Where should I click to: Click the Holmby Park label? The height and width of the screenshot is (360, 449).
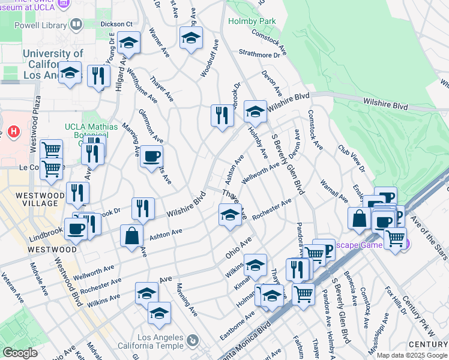[252, 21]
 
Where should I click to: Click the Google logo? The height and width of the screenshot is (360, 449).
[20, 353]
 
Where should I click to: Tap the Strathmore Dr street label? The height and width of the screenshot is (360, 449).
[260, 53]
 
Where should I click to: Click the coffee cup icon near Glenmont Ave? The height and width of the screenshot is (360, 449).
[151, 157]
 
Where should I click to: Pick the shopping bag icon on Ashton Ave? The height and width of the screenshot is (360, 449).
[131, 235]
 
